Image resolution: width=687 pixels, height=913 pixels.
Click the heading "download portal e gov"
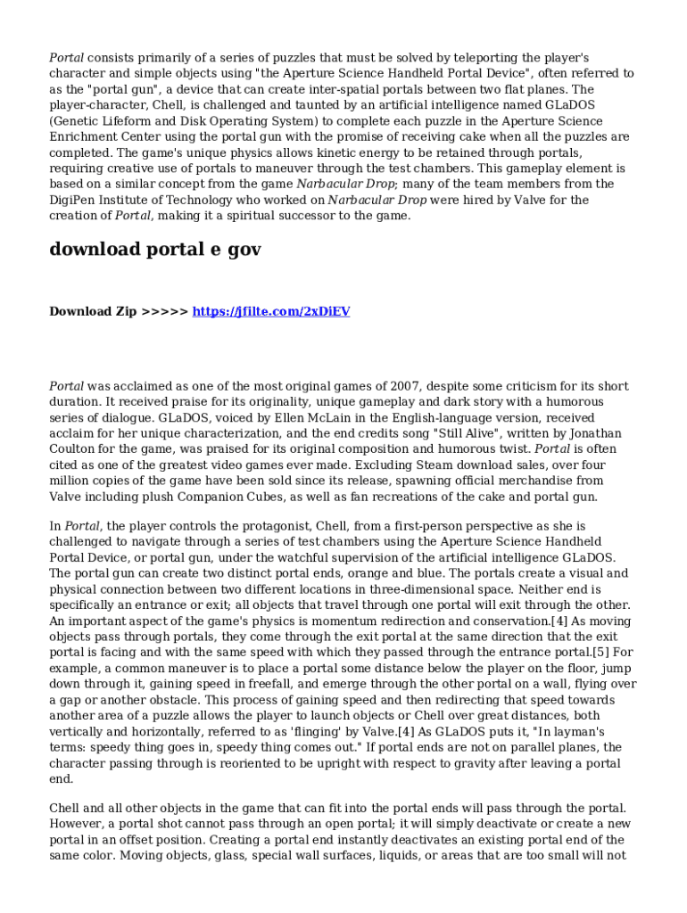point(155,250)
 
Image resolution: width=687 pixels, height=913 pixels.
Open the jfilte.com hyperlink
point(271,311)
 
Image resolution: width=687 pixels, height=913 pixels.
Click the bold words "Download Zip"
point(93,311)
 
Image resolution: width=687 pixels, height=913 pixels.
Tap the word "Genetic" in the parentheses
point(79,121)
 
